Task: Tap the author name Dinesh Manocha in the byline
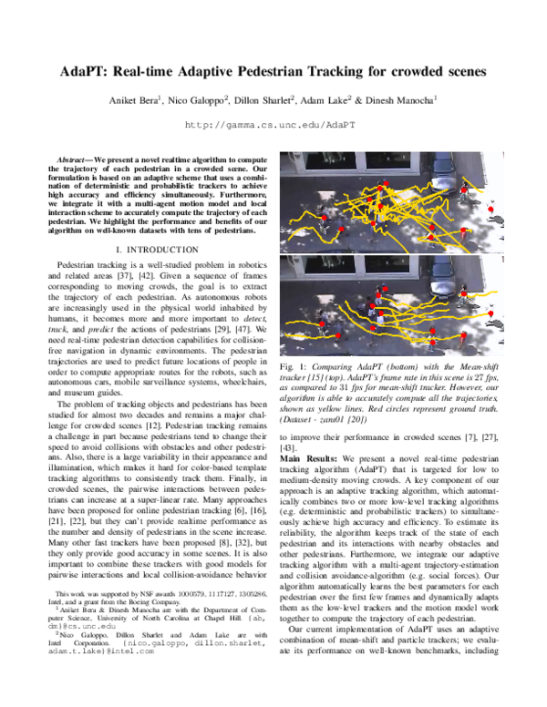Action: [x=414, y=99]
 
